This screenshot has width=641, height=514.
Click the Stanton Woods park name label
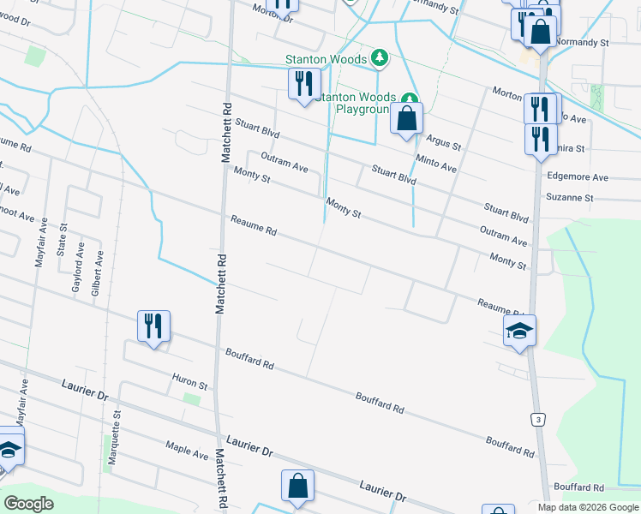[x=326, y=59]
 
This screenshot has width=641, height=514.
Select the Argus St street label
[x=443, y=142]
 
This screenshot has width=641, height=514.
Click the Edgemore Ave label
[x=577, y=177]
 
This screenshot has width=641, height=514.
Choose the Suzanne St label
[x=569, y=198]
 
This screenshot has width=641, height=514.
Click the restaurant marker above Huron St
[x=154, y=326]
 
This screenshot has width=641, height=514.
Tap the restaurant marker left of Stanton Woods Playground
[x=303, y=83]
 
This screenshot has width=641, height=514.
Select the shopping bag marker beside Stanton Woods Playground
[x=407, y=118]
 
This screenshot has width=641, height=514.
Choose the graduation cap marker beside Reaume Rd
[x=519, y=330]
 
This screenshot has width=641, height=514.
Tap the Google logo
[x=29, y=504]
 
